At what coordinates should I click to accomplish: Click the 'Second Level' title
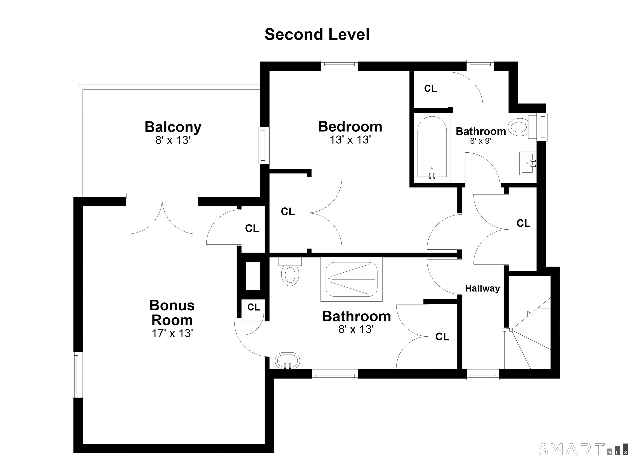[317, 35]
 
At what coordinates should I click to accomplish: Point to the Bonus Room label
[172, 313]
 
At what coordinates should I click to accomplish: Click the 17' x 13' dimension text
[172, 333]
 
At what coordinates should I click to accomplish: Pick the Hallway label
[482, 288]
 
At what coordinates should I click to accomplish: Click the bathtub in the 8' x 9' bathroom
[432, 147]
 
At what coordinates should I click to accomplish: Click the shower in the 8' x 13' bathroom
[351, 279]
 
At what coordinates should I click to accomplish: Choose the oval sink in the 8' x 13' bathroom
[287, 361]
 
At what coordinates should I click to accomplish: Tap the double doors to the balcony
[162, 213]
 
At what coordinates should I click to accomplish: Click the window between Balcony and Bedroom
[264, 146]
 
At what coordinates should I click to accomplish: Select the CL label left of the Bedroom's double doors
[288, 212]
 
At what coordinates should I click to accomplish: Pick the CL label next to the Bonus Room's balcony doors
[252, 229]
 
